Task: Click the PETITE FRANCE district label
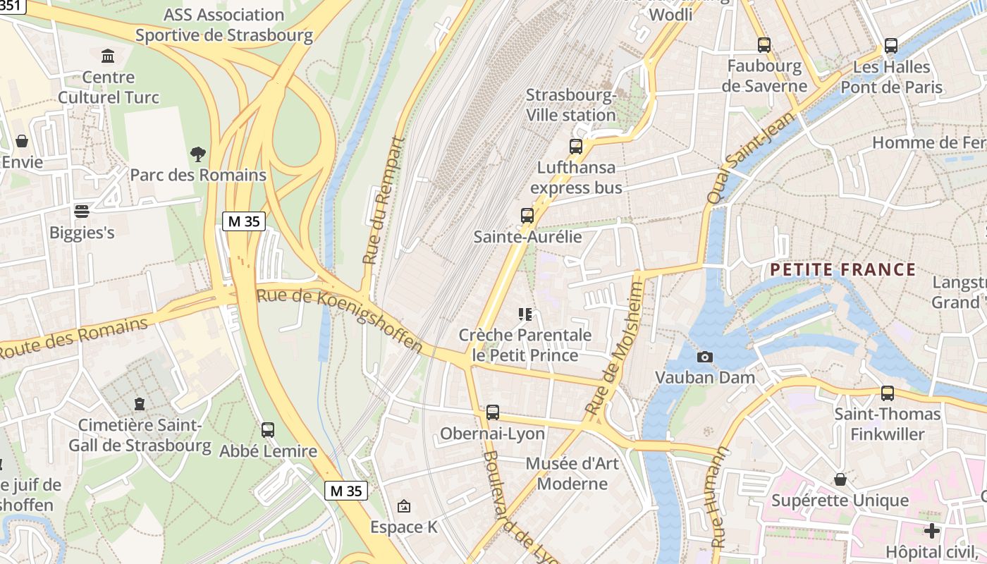coord(842,270)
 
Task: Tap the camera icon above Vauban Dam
coord(704,357)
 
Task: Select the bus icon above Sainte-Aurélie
coord(527,216)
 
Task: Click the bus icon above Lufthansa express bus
coord(576,147)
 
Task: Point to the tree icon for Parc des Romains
coord(198,154)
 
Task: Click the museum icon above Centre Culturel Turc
coord(109,56)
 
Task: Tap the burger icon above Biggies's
coord(82,211)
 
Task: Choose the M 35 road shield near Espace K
coord(345,491)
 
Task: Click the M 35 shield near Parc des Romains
coord(244,221)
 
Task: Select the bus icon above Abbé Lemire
coord(268,430)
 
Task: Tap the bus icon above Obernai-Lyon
coord(493,412)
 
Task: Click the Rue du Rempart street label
coord(384,201)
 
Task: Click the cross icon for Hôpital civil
coord(932,530)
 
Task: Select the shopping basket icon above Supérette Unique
coord(840,480)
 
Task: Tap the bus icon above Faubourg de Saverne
coord(764,45)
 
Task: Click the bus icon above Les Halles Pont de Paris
coord(891,46)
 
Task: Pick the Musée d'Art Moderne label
coord(572,474)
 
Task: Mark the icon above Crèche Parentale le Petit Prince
coord(525,314)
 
